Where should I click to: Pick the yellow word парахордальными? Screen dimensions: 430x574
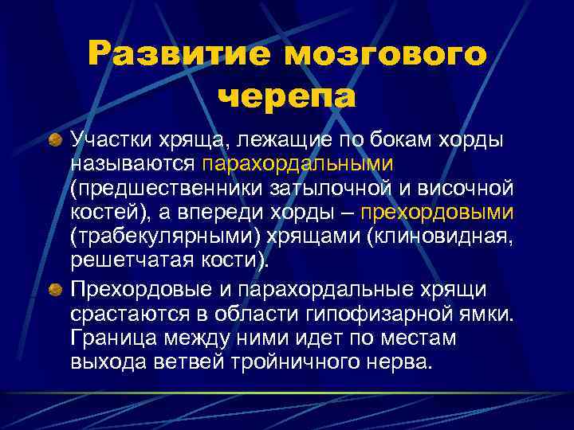[297, 165]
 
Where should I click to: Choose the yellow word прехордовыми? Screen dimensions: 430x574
[438, 213]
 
